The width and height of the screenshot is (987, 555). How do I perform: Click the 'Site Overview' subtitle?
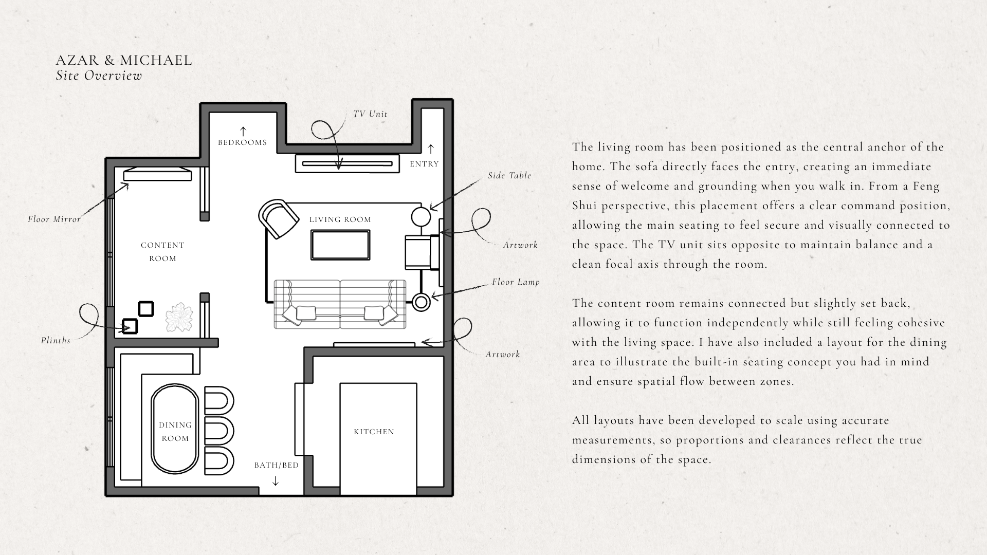(x=99, y=76)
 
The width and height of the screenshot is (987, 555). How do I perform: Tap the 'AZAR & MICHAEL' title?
(x=124, y=60)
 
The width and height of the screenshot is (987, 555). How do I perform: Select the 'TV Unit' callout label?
(x=370, y=114)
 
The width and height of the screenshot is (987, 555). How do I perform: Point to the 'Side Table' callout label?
(x=509, y=175)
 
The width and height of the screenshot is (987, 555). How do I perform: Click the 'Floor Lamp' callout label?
(x=516, y=282)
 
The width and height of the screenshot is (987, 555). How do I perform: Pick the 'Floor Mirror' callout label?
(x=54, y=219)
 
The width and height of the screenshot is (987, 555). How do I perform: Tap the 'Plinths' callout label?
(x=56, y=340)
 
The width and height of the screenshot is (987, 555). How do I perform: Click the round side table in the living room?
(x=421, y=216)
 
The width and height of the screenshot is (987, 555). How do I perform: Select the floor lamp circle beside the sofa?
(x=422, y=302)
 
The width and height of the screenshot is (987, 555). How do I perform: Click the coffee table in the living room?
(x=340, y=245)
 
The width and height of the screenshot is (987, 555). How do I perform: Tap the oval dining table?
(x=174, y=428)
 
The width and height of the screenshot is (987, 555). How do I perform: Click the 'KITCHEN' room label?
(x=374, y=432)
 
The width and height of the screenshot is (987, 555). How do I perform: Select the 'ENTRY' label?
(x=424, y=164)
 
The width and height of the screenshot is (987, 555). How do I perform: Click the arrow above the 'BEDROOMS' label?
(x=243, y=131)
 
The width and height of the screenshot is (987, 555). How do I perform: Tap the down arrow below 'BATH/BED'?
(x=276, y=481)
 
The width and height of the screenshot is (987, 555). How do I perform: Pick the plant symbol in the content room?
(x=179, y=318)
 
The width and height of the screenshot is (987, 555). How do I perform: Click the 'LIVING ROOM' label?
(x=340, y=219)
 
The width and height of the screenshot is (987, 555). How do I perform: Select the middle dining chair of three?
(x=218, y=430)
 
